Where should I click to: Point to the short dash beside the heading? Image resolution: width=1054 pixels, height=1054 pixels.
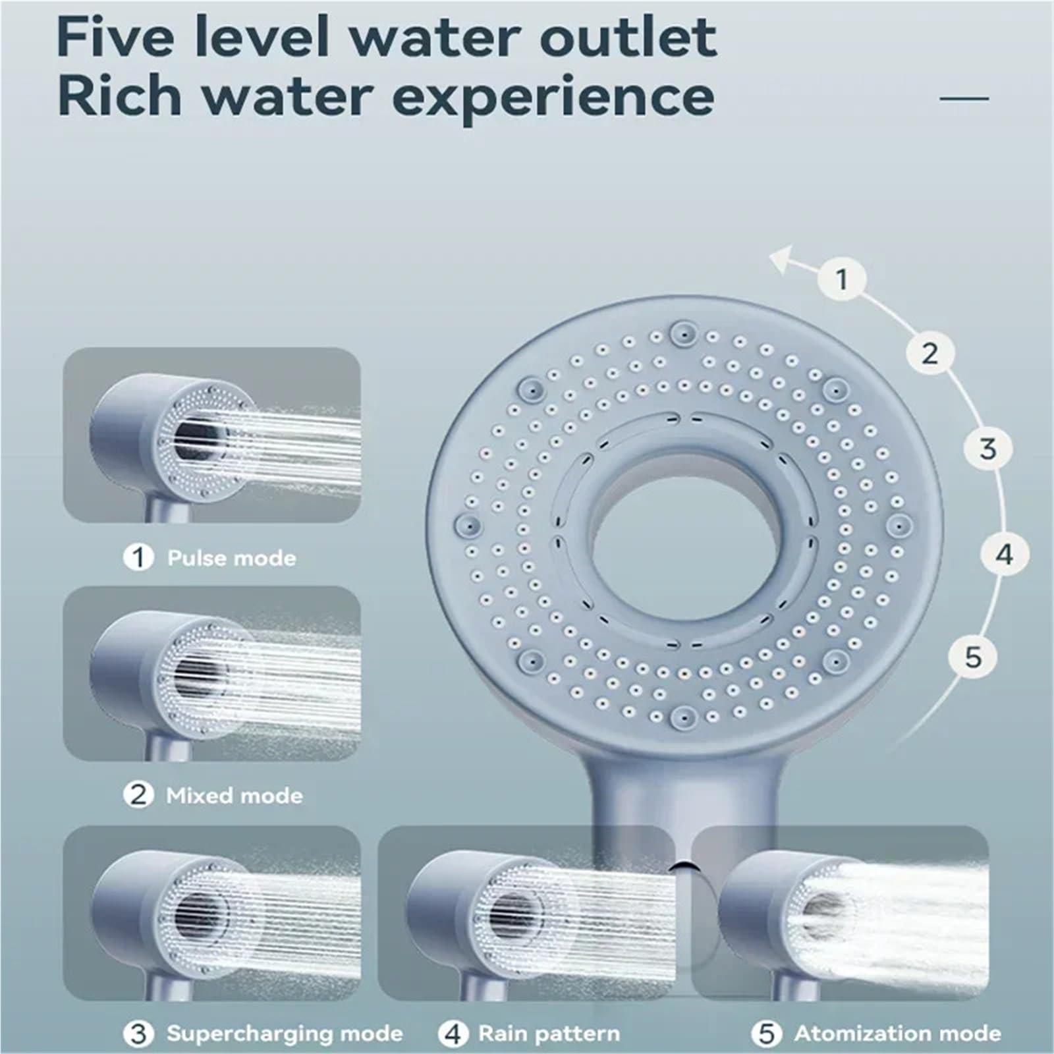(964, 99)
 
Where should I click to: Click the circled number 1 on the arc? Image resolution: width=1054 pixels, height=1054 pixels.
(842, 279)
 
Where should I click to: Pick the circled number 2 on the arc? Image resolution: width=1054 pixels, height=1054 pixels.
(929, 354)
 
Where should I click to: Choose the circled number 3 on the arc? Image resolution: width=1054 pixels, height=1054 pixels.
(987, 449)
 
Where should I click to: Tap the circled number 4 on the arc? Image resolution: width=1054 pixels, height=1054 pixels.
(1004, 555)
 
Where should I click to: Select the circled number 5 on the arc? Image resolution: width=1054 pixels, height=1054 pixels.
(973, 657)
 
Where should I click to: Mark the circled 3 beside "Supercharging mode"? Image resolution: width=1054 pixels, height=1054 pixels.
(138, 1033)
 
